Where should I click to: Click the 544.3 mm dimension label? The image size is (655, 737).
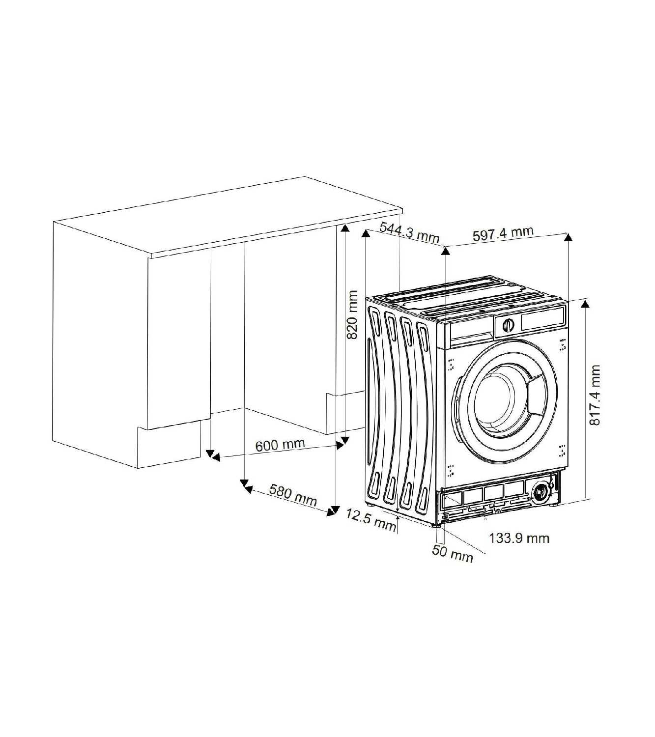tap(409, 231)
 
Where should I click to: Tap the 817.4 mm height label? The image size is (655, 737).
tap(595, 395)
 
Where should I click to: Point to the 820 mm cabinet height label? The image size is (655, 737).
tap(352, 315)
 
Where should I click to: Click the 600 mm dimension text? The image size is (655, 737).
tap(280, 445)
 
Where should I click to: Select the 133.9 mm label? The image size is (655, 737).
tap(519, 538)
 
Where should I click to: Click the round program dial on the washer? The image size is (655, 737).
tap(508, 325)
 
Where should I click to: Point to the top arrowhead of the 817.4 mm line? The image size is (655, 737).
tap(585, 303)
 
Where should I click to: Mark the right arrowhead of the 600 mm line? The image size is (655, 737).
tap(340, 445)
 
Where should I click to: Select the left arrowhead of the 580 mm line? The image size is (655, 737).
tap(248, 488)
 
